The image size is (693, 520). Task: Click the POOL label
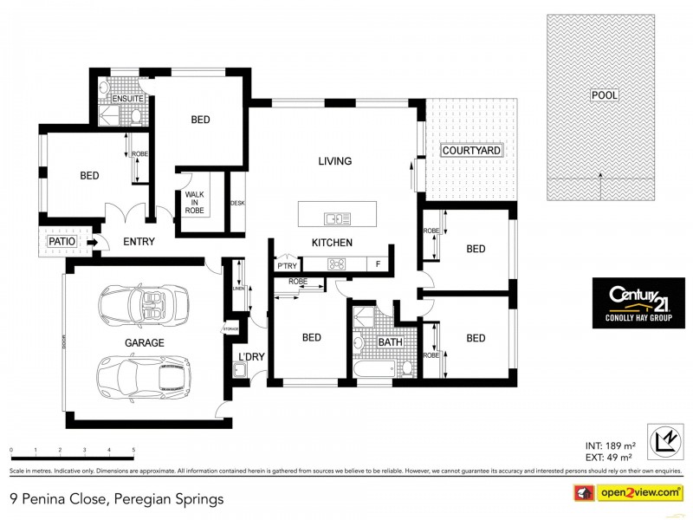click(605, 94)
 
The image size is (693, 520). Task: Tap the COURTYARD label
click(471, 151)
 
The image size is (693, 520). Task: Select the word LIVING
click(334, 161)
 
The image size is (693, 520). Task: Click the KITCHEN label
click(332, 243)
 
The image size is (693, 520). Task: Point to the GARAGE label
click(144, 343)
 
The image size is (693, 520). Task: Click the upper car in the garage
click(144, 304)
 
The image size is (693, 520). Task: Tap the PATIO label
click(62, 241)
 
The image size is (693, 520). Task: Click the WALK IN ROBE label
click(195, 202)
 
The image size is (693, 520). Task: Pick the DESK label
click(236, 203)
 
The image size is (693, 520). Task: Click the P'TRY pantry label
click(286, 264)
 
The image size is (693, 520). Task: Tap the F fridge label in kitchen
click(378, 263)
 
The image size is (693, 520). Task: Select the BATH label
click(391, 342)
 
